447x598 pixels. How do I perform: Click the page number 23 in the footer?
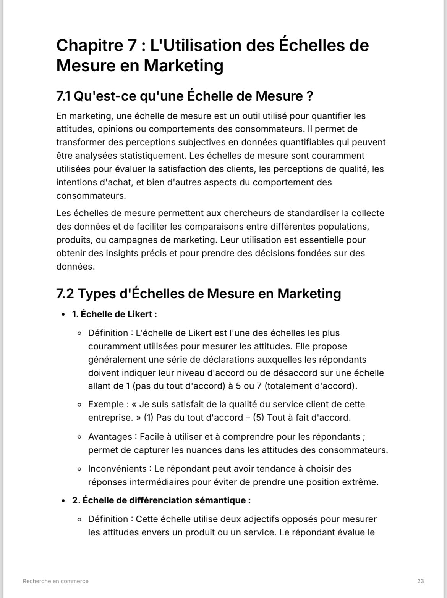click(420, 581)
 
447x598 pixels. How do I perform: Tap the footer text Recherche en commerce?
click(56, 581)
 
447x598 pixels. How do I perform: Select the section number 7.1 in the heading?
click(63, 96)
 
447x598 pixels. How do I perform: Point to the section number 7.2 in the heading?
click(65, 294)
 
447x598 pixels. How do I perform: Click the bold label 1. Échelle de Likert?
click(114, 315)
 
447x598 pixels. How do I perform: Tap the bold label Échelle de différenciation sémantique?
click(166, 500)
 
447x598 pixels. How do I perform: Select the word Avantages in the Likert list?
click(110, 437)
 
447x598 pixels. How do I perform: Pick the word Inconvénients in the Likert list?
click(117, 469)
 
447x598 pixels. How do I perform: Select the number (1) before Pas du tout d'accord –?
click(149, 418)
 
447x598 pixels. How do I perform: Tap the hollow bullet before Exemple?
click(79, 405)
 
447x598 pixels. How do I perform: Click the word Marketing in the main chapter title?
click(183, 66)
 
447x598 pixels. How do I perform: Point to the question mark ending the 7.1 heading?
click(310, 96)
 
